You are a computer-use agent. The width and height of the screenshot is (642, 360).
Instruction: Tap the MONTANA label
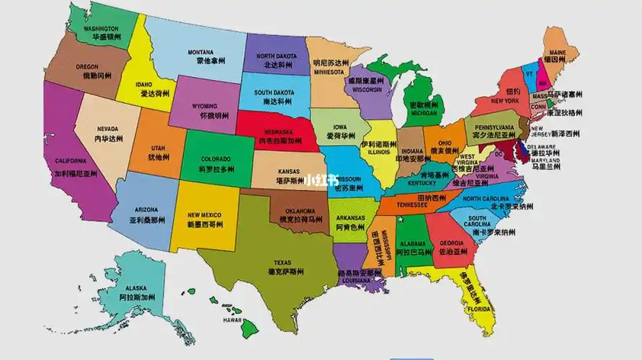(x=201, y=53)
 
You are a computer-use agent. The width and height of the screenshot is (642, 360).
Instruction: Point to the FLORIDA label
(x=479, y=309)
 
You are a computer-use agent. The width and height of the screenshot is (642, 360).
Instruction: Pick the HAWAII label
(x=232, y=320)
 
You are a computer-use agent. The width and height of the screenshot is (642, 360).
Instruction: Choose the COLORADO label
(x=216, y=159)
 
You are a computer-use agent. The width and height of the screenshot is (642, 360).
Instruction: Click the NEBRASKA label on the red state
(x=277, y=132)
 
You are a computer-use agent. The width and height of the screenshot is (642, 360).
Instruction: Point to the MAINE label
(x=558, y=53)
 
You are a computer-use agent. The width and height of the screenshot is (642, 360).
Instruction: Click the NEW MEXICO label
(x=204, y=215)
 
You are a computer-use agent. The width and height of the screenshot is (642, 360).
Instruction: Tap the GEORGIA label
(x=451, y=243)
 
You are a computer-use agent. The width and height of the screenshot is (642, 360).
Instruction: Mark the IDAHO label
(x=145, y=84)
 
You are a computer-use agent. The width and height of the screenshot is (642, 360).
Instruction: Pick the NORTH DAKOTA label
(x=275, y=56)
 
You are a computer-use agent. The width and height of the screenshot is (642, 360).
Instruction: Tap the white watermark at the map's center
(x=321, y=180)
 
